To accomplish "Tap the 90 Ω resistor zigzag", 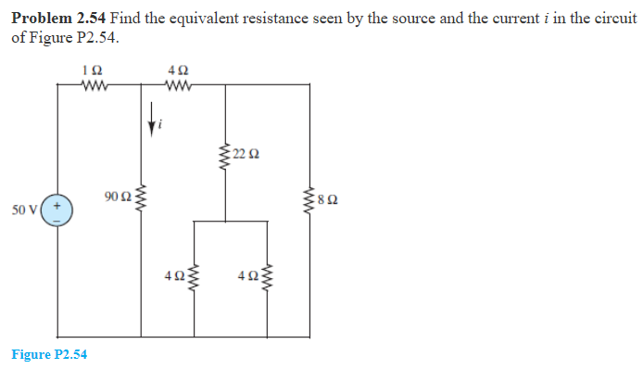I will click(141, 197).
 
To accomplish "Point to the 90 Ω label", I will click(118, 196).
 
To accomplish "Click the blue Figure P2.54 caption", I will click(49, 353).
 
